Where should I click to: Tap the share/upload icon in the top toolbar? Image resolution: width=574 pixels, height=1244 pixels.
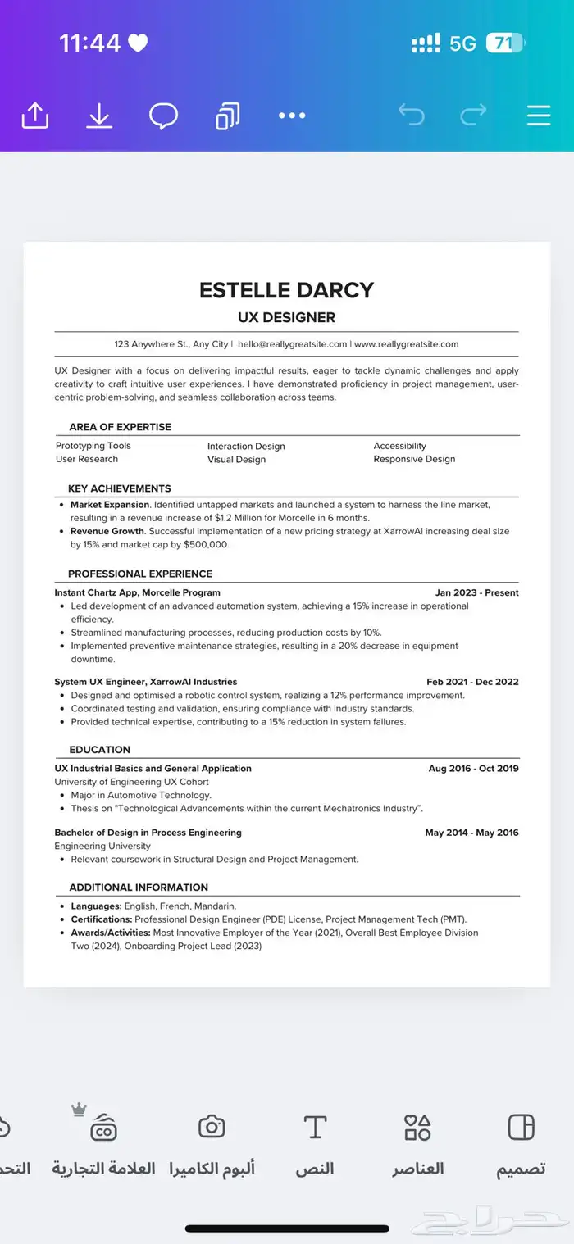pos(34,116)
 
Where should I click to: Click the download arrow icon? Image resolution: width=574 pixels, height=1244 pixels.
pos(99,116)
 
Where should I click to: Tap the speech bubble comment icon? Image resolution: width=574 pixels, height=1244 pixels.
pos(163,116)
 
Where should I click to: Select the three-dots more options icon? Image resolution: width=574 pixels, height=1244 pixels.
pos(292,116)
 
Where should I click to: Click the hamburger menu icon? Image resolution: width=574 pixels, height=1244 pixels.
pos(538,115)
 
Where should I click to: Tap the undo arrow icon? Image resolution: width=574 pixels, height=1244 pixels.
pos(411,115)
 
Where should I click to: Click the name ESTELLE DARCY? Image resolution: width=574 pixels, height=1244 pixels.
pos(286,290)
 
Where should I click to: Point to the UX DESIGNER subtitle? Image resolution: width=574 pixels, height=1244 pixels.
pos(286,317)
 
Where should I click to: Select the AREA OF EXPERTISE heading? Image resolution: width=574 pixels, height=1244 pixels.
pos(120,427)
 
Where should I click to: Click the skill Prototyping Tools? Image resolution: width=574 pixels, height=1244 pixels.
pos(93,446)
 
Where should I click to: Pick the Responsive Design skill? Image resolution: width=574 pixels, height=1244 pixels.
pos(414,459)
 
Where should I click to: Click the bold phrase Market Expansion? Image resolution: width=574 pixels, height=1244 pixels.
pos(110,505)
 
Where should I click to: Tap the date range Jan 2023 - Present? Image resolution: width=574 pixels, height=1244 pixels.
pos(476,592)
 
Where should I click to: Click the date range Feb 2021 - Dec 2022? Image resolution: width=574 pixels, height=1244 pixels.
pos(472,682)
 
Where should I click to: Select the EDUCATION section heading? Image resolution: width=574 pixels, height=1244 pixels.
pos(99,750)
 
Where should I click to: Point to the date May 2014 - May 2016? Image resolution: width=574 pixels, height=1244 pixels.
pos(471,833)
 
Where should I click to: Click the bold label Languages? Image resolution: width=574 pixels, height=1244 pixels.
pos(96,906)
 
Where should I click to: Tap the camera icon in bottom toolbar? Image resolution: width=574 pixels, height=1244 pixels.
pos(212,1127)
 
